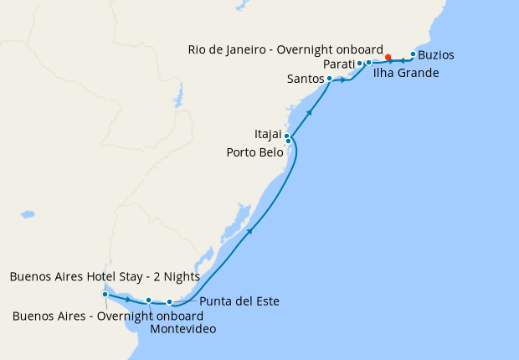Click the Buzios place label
[x=437, y=55]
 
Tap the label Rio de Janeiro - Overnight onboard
[x=285, y=49]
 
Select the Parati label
[x=337, y=64]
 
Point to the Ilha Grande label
[x=406, y=73]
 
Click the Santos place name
[x=305, y=80]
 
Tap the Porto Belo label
[x=255, y=152]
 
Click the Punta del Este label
[x=239, y=301]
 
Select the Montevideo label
[x=182, y=329]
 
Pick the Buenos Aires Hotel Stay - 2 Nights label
[x=105, y=276]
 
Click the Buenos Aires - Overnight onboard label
[x=108, y=316]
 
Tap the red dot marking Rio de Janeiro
[x=388, y=57]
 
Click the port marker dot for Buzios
[x=413, y=54]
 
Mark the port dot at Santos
[x=330, y=79]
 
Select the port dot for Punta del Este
[x=169, y=301]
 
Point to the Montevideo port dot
[x=148, y=300]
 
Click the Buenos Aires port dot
[x=105, y=294]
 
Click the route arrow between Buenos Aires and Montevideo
[x=127, y=298]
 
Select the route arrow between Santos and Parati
[x=344, y=80]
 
